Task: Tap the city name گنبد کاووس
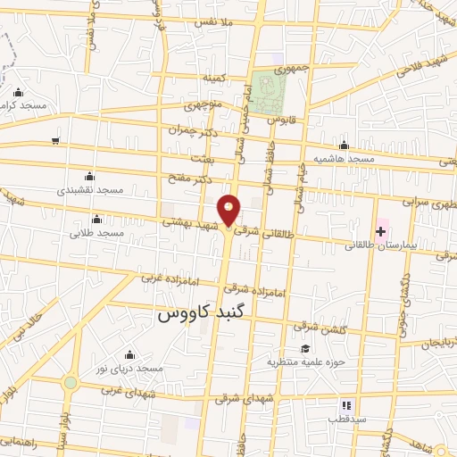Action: [x=206, y=313]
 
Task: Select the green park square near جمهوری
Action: [x=266, y=91]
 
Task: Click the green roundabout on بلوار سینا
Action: [x=70, y=383]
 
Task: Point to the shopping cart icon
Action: [x=56, y=140]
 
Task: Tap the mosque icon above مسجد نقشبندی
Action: [x=87, y=175]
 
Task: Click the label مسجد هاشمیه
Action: [x=342, y=159]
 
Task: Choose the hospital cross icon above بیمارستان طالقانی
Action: [x=381, y=231]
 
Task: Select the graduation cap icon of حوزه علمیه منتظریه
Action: [x=305, y=348]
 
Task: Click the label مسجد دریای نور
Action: [x=129, y=368]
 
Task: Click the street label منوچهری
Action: [x=203, y=105]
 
